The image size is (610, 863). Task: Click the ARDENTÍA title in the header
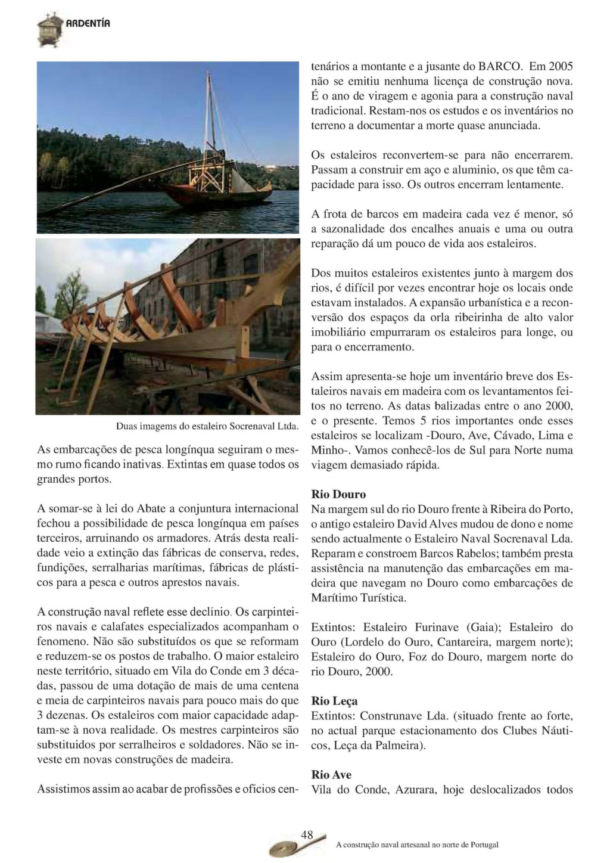coord(88,24)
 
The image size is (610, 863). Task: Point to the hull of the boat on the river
coord(214,196)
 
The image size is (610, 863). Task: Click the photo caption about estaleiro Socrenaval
coord(207,427)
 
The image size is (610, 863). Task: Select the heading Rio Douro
coord(338,495)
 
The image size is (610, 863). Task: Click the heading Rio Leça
coord(334,701)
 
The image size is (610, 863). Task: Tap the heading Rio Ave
coord(331,775)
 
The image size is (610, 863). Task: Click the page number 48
coord(307,835)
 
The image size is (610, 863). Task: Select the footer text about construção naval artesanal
coord(417,845)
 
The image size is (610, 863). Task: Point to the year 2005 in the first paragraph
coord(560,66)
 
